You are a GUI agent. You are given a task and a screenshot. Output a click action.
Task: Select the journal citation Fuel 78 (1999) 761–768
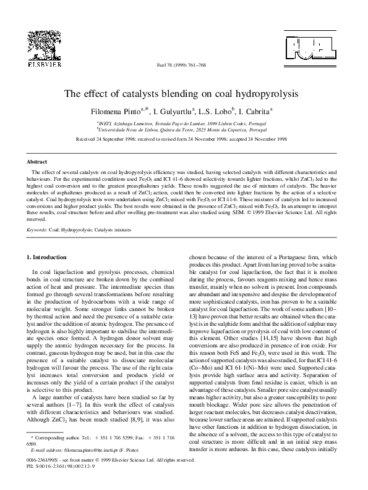(x=184, y=65)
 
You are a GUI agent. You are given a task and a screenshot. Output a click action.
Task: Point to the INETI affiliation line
(x=184, y=123)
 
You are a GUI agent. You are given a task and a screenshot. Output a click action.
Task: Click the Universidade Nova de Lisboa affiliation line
(x=184, y=130)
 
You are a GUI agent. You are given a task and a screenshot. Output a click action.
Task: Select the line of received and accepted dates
(x=184, y=140)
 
